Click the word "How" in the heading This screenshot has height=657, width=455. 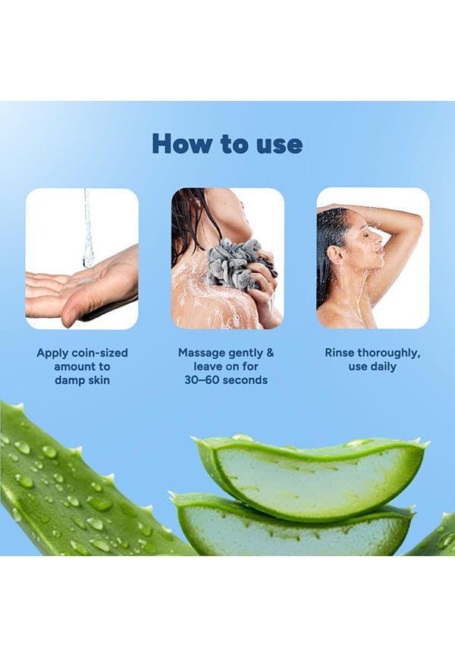click(182, 143)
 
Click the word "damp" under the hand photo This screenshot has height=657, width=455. click(69, 380)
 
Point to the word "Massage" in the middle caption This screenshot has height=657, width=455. click(202, 353)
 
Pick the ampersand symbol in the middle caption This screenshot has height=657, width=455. click(270, 352)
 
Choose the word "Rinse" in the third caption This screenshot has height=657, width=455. click(340, 353)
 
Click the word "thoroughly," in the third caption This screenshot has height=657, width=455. click(389, 353)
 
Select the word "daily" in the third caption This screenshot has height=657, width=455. click(384, 366)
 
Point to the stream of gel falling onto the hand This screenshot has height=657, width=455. click(88, 228)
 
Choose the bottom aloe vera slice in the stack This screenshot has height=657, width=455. click(293, 529)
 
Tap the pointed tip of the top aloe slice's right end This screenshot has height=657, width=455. click(428, 443)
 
